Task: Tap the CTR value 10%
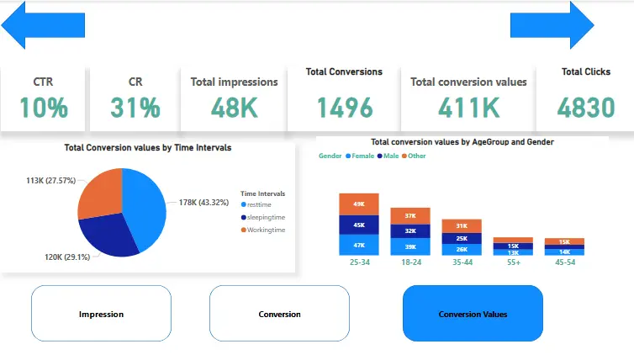[43, 107]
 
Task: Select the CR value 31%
[135, 107]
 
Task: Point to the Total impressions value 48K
[234, 107]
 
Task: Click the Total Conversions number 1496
[344, 107]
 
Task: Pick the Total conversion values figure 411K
[468, 107]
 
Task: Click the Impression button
[101, 314]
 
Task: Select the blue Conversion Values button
[473, 314]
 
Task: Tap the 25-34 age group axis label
[359, 262]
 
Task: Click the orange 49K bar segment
[359, 204]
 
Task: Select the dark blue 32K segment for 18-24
[410, 230]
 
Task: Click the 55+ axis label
[513, 262]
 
